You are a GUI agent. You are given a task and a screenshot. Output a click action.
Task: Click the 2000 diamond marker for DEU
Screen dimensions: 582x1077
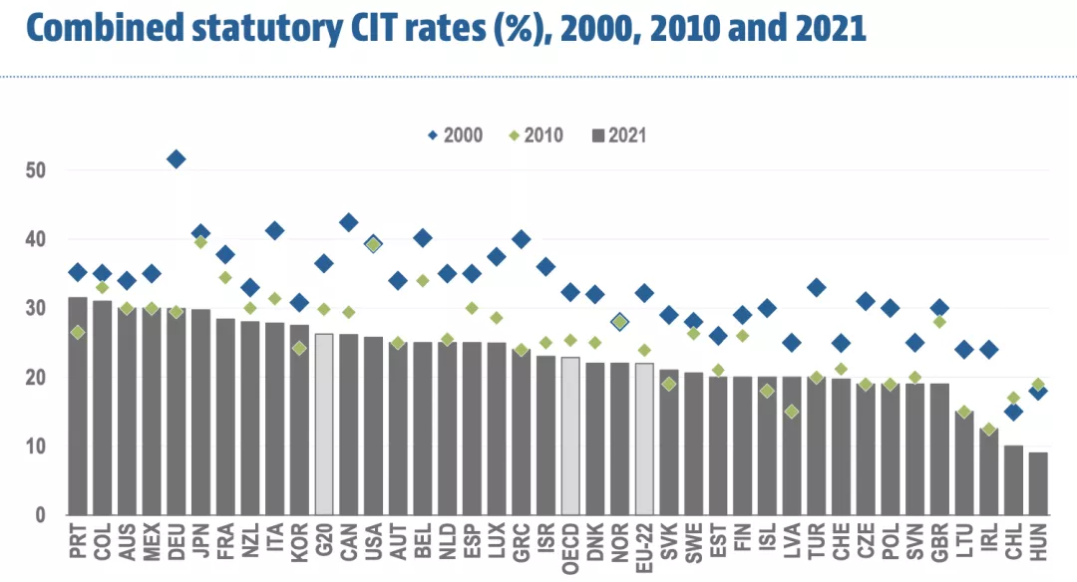click(x=176, y=159)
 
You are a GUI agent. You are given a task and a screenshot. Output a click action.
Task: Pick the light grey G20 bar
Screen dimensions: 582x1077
click(x=324, y=425)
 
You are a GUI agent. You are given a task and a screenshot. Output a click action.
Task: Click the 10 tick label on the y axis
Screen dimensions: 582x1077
click(x=36, y=446)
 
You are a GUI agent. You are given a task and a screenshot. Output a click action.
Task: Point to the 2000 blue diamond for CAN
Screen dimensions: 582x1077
click(x=349, y=222)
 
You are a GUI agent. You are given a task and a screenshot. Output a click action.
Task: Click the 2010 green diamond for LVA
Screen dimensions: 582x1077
click(x=792, y=412)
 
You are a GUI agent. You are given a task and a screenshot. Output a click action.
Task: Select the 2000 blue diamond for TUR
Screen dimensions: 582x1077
click(x=816, y=288)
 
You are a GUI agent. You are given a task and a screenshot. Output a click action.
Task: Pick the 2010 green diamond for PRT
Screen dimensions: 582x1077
click(x=78, y=332)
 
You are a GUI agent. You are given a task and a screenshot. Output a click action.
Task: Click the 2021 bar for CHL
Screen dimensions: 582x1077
click(x=1013, y=480)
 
